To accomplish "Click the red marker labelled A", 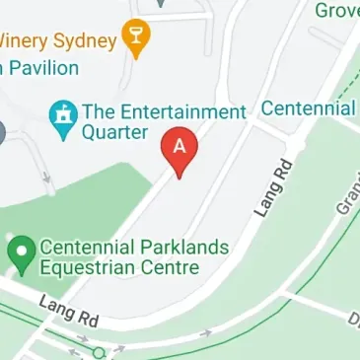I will point(180,151).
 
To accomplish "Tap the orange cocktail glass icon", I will point(136,40).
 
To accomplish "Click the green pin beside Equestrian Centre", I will point(19,253).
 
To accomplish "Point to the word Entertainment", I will point(180,110).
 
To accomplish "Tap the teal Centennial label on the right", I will point(309,108).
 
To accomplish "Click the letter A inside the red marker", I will point(180,144).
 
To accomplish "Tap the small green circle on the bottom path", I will point(99,352).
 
